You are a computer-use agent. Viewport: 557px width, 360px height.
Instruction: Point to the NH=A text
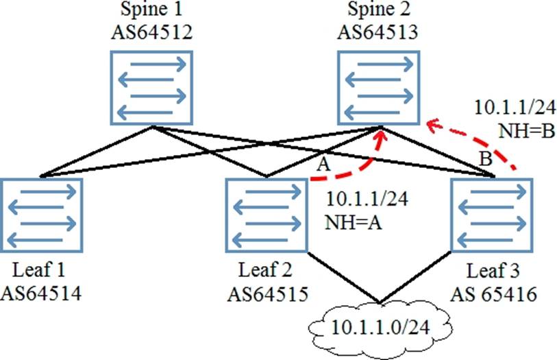coord(348,221)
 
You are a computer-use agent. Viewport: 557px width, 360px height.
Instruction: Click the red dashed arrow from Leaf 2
coord(356,167)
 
